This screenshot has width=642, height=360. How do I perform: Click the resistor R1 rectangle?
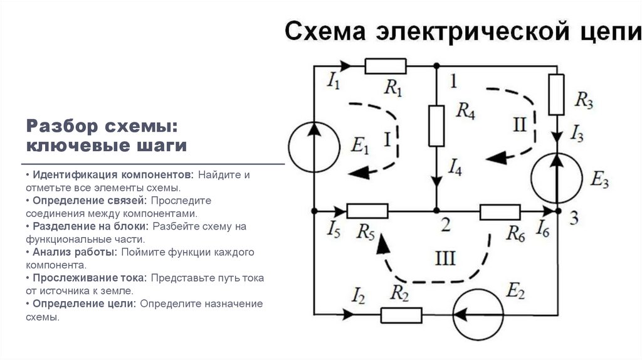[385, 65]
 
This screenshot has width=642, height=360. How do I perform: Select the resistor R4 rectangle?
[436, 125]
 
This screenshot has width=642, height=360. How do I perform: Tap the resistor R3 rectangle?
[556, 95]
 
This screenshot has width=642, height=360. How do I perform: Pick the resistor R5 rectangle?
[367, 211]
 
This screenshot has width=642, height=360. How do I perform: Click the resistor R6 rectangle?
[500, 211]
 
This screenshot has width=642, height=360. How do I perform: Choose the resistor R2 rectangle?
[401, 314]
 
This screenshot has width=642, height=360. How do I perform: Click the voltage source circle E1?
[313, 148]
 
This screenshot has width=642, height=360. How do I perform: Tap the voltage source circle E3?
[555, 178]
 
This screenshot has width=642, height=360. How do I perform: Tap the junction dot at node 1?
[436, 65]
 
